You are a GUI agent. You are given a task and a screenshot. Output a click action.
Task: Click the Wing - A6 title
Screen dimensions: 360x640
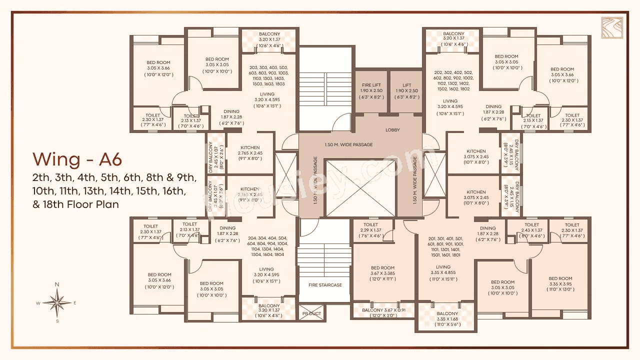click(77, 159)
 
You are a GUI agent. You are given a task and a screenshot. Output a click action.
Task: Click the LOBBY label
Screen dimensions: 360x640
click(392, 130)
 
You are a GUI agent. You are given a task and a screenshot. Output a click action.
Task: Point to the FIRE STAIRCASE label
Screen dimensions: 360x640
click(325, 285)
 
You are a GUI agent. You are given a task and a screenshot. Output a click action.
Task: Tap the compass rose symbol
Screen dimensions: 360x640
click(57, 302)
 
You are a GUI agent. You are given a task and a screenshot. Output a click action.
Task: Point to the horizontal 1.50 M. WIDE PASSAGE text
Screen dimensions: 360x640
click(348, 145)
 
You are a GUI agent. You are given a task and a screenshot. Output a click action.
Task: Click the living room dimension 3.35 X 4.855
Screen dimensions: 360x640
click(443, 273)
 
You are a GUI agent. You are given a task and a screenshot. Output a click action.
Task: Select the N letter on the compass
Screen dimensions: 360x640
click(57, 284)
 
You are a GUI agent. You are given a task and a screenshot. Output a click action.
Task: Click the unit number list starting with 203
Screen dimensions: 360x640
click(268, 75)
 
